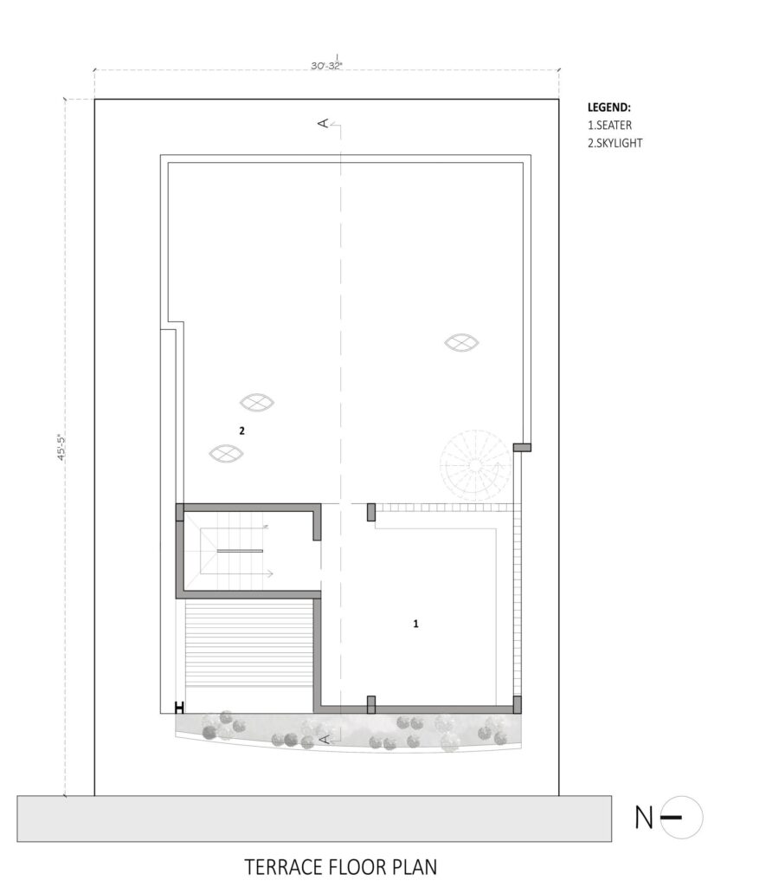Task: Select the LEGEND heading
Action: tap(609, 108)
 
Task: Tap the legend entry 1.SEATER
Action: tap(610, 126)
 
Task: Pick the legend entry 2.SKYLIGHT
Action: tap(614, 143)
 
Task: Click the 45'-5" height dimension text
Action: tap(61, 448)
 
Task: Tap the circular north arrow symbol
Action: tap(681, 817)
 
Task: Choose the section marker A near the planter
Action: tap(324, 739)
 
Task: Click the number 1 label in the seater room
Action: tap(416, 622)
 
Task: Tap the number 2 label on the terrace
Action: tap(242, 430)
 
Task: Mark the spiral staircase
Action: tap(473, 464)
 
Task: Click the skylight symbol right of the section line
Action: tap(461, 343)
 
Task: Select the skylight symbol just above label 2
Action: tap(255, 402)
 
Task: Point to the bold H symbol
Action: tap(180, 707)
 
